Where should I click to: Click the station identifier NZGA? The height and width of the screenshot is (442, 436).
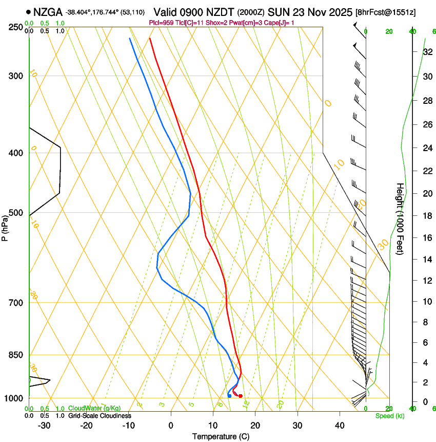click(48, 11)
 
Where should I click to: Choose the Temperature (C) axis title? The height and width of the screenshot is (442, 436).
click(221, 436)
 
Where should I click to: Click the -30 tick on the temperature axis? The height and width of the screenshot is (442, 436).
click(44, 426)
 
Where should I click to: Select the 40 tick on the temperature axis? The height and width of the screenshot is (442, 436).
click(339, 426)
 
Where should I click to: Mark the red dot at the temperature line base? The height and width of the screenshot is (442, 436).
click(240, 396)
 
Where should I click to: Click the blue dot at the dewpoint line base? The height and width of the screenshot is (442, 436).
click(229, 395)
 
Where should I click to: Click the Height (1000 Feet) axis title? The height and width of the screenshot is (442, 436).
click(400, 218)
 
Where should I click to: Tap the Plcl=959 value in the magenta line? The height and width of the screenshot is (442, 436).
click(161, 23)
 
